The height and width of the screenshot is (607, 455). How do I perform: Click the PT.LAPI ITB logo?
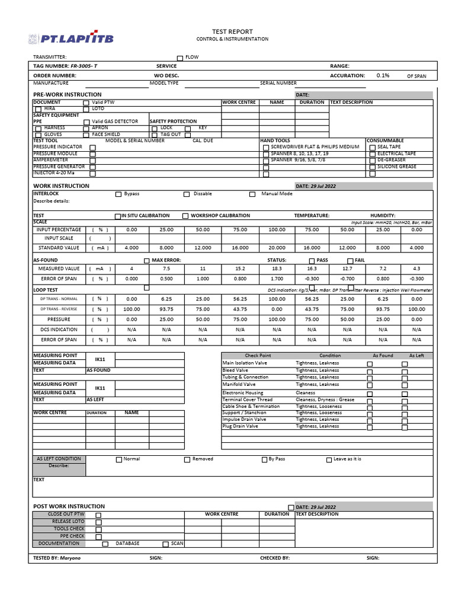pos(71,39)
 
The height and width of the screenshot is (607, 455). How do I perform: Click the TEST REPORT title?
pos(232,31)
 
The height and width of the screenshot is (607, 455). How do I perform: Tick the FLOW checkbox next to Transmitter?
pos(180,57)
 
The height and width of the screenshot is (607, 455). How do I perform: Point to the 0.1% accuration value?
pos(383,76)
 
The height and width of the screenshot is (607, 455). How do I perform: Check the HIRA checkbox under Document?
pos(38,109)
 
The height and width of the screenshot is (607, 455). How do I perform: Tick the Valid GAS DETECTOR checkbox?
pos(86,122)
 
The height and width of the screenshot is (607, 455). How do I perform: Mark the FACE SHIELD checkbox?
pos(86,135)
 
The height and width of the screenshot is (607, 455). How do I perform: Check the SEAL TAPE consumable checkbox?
pos(372,147)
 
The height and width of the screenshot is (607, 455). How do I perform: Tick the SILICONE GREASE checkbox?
pos(372,167)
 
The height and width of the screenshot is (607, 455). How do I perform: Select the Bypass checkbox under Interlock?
pos(118,194)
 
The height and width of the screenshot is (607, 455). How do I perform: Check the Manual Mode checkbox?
pos(252,194)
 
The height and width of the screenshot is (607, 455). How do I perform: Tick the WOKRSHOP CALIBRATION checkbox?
pos(185,216)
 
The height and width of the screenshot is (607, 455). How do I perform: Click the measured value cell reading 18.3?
pos(277,269)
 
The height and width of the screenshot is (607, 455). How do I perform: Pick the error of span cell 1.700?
pos(277,279)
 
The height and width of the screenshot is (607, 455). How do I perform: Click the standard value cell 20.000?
pos(277,248)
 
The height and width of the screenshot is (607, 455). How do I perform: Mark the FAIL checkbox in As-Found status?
pos(350,261)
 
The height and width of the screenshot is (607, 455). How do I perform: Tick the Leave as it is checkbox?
pos(329,460)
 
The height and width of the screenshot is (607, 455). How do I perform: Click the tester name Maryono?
pos(70,558)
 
